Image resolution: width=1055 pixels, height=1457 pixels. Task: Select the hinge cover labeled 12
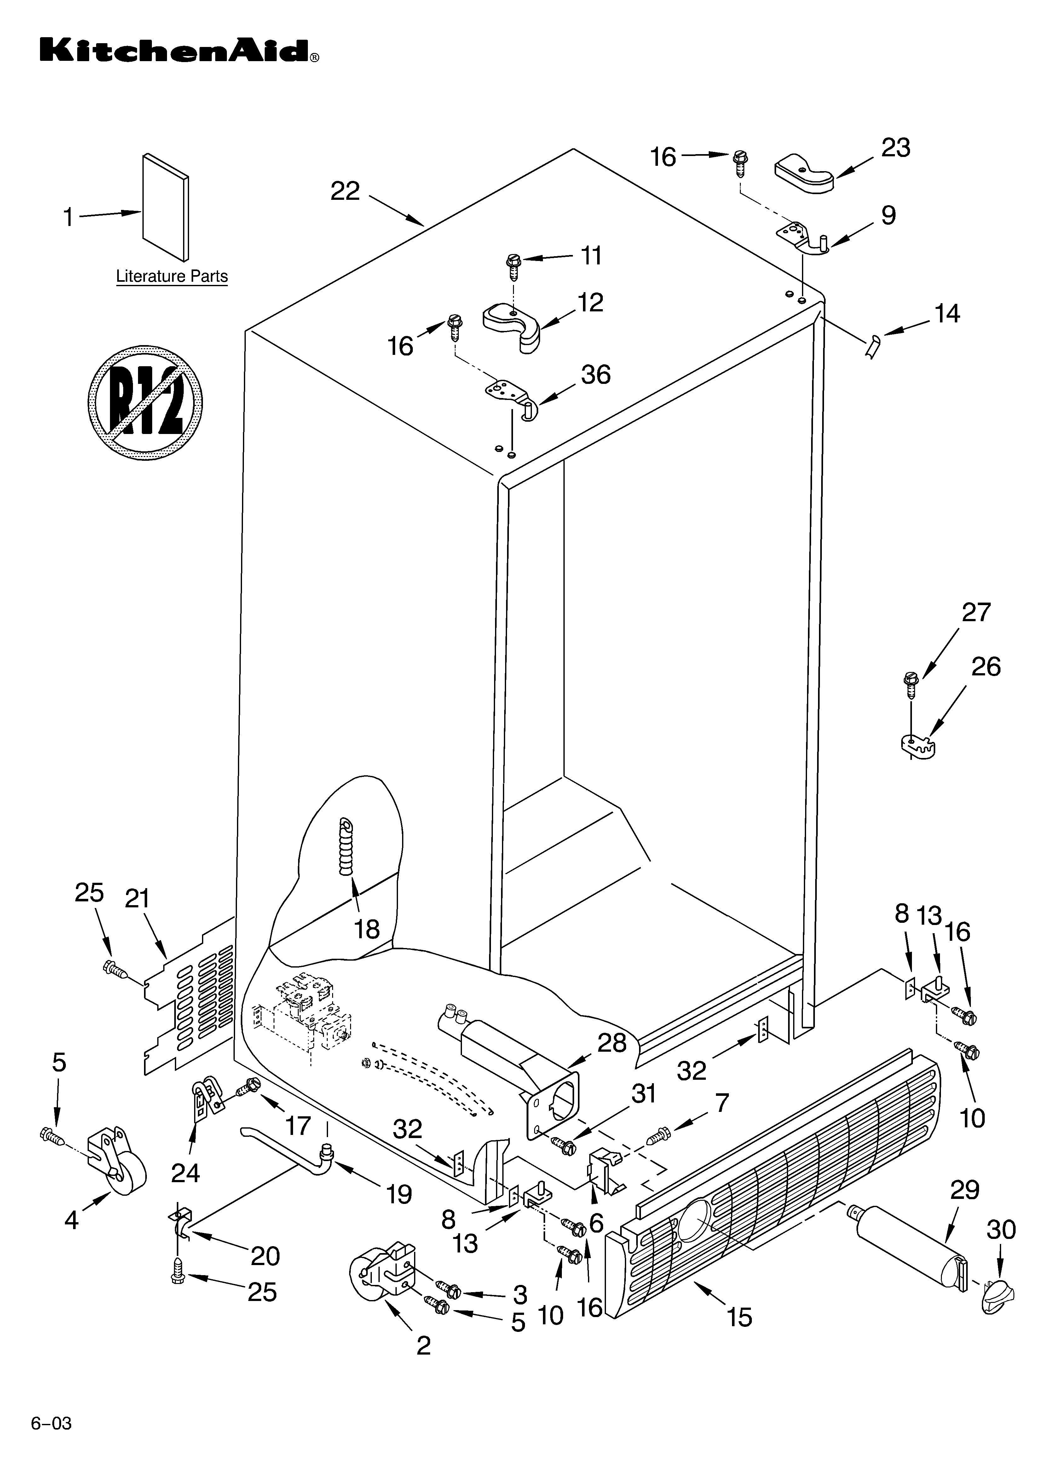[x=514, y=324]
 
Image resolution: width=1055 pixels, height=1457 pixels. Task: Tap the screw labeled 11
[x=514, y=265]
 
